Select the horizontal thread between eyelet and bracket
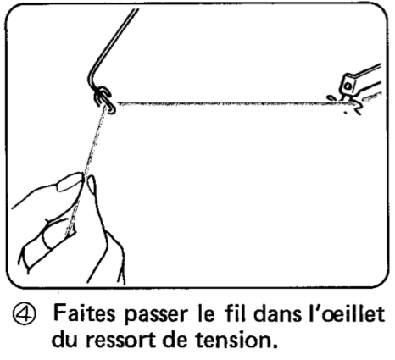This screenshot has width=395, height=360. pyautogui.click(x=220, y=102)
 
